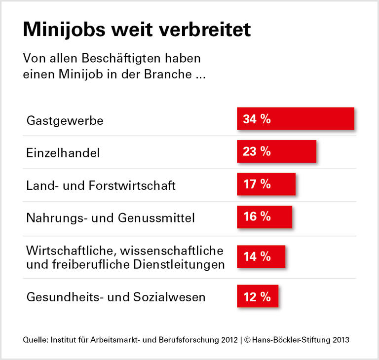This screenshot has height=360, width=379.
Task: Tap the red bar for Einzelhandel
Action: coord(276,151)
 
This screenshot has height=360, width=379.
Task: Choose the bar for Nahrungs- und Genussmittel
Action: coord(264,216)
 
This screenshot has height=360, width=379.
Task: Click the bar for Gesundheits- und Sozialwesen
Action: coord(257,296)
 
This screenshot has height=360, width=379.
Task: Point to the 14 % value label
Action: coord(257,256)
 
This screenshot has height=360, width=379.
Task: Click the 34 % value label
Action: coord(257,119)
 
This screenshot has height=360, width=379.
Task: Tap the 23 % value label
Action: coord(257,151)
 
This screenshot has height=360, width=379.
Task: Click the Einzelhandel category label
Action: coord(63,153)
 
